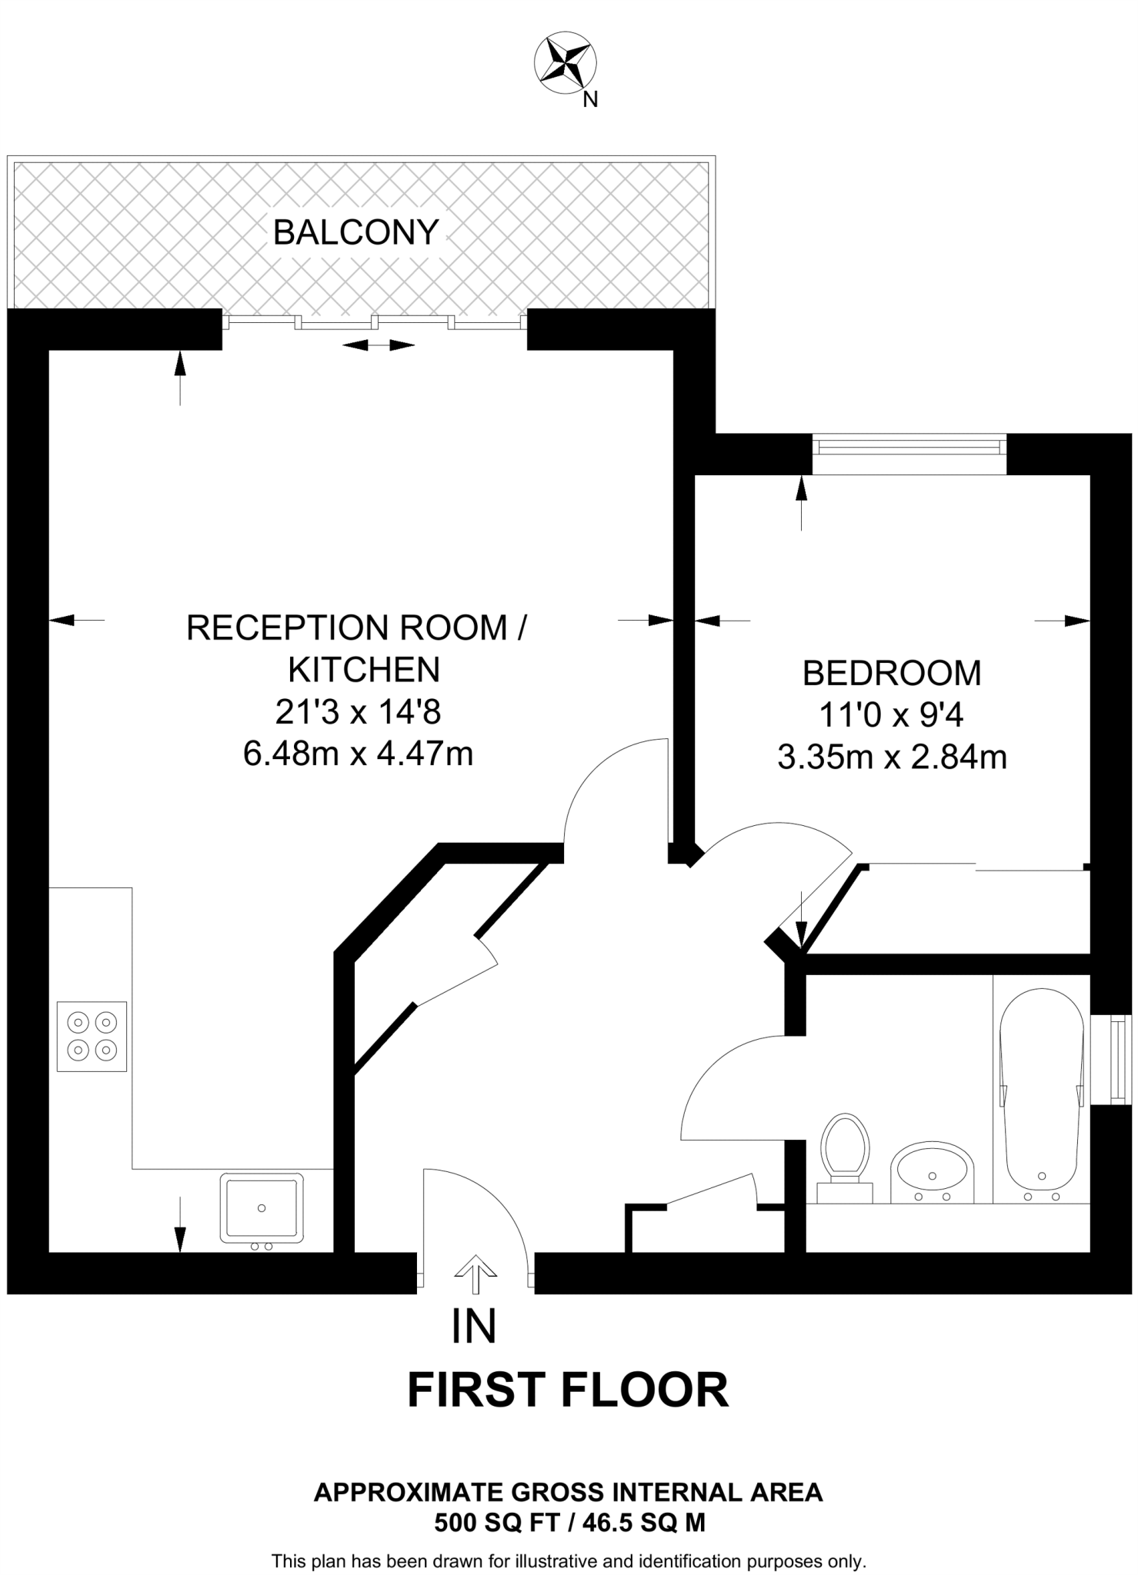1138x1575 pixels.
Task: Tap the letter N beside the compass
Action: tap(590, 100)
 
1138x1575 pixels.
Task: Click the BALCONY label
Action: tap(355, 232)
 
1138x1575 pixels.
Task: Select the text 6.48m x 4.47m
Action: tap(358, 754)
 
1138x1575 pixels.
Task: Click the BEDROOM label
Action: tap(892, 674)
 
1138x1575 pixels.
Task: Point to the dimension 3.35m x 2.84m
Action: tap(892, 758)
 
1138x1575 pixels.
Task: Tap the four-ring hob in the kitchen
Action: tap(92, 1036)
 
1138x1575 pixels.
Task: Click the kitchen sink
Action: tap(262, 1208)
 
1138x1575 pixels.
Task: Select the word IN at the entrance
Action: tap(474, 1327)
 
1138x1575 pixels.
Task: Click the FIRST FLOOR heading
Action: tap(567, 1390)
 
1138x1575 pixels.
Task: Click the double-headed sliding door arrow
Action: tap(378, 346)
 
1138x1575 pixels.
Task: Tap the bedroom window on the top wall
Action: tap(909, 447)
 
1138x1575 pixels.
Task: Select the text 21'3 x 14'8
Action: tap(358, 713)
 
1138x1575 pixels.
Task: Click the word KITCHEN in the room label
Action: tap(363, 670)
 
